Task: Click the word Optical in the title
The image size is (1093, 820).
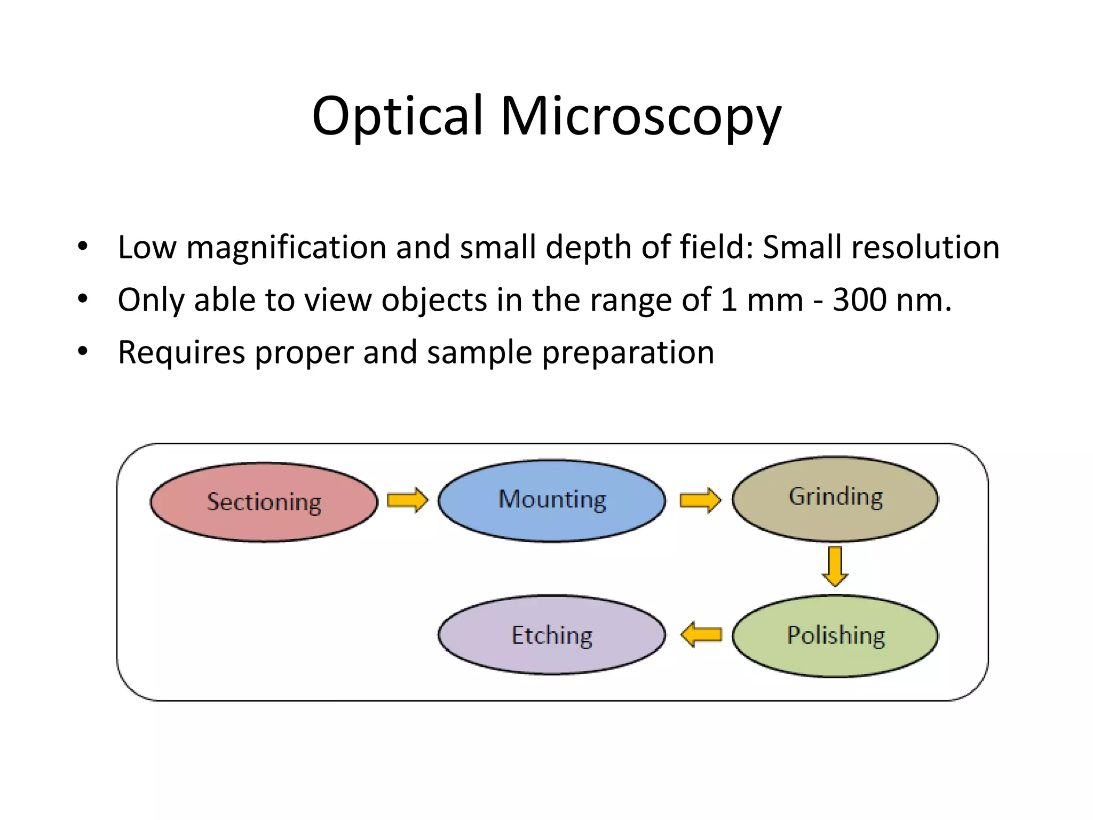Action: click(397, 116)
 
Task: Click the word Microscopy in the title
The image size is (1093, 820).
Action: click(640, 116)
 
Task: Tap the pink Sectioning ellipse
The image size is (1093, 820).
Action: click(264, 502)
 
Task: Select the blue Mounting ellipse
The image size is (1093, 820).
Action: click(552, 500)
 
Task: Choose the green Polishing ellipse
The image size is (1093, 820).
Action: click(835, 635)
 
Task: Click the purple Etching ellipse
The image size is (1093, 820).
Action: click(552, 635)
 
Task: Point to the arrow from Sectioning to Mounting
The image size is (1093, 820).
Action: click(407, 500)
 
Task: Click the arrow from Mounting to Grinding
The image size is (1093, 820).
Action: click(700, 500)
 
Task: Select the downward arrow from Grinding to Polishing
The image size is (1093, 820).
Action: click(835, 566)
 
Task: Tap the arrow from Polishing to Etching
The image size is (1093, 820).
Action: click(701, 634)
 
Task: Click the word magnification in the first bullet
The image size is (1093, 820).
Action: click(286, 248)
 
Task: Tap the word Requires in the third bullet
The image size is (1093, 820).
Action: click(181, 353)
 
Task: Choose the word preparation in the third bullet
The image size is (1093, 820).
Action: click(628, 353)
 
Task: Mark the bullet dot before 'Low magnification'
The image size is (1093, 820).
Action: click(82, 247)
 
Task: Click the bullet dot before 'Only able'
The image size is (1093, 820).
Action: click(82, 299)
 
